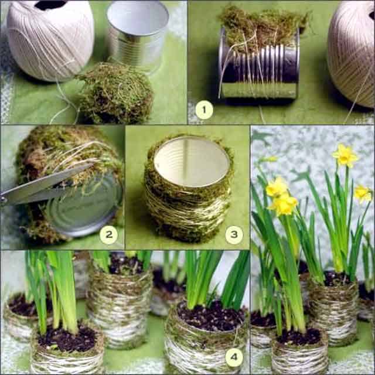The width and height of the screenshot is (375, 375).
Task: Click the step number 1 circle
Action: pos(204,110)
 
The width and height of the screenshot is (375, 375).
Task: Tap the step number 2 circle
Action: pos(108,236)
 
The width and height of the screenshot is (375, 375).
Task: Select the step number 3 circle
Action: pos(234,236)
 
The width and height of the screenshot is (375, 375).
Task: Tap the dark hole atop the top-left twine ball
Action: pos(50,5)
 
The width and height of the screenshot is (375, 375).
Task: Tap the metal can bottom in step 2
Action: pos(85,208)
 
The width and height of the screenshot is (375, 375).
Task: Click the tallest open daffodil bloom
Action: pos(345,155)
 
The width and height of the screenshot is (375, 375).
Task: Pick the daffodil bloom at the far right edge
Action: pos(363,193)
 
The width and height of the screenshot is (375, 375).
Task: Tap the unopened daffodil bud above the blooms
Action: pos(270,159)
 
